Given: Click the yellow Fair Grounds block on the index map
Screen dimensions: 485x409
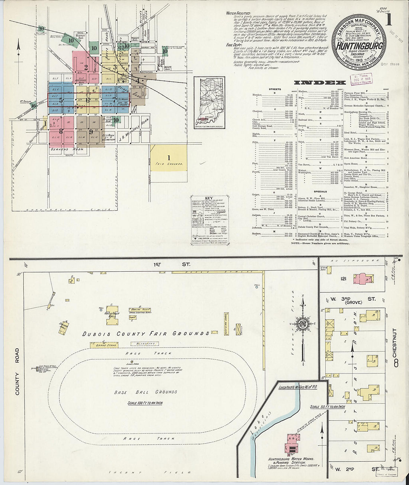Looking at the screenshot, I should [168, 158].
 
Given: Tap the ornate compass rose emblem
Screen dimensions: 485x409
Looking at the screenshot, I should [302, 322].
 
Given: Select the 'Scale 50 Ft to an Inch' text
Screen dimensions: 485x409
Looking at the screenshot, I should [328, 407].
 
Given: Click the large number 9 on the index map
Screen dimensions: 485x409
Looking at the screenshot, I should [90, 132].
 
